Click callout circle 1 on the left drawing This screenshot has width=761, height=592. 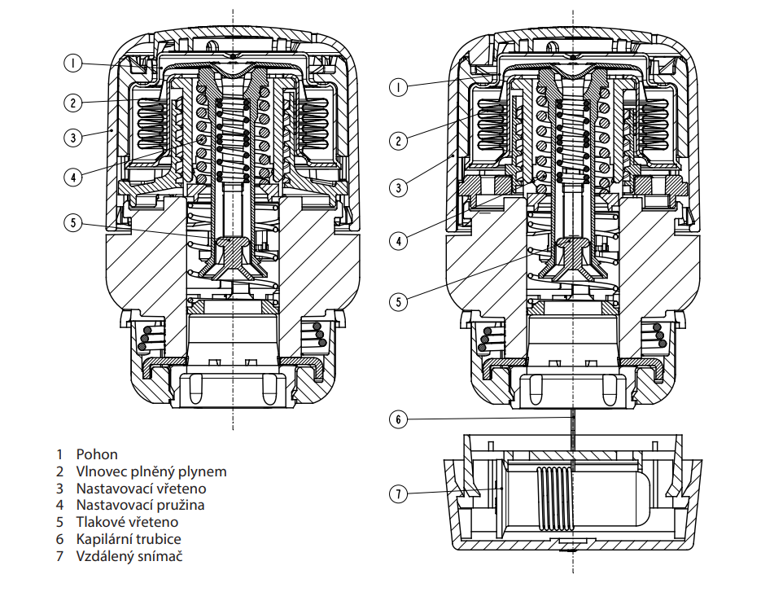72,64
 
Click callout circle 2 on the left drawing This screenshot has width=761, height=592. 72,103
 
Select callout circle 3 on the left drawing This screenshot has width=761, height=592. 72,138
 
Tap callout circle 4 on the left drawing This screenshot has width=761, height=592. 72,177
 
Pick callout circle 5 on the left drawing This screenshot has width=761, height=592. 72,223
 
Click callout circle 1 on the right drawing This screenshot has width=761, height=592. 399,87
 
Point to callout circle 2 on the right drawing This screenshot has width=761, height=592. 399,141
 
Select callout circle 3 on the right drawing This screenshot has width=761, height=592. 399,187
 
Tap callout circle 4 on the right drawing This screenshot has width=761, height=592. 399,240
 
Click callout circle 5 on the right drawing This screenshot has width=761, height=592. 399,301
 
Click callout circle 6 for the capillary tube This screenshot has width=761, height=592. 399,419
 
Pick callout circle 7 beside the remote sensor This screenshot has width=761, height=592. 399,494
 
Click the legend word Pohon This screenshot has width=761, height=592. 97,454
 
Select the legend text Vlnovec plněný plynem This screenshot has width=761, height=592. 151,471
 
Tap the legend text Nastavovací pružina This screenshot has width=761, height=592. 140,505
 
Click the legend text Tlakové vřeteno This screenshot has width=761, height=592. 127,522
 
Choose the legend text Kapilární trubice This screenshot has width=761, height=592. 129,539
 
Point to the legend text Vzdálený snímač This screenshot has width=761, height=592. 129,556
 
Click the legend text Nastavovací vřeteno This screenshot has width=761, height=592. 142,489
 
